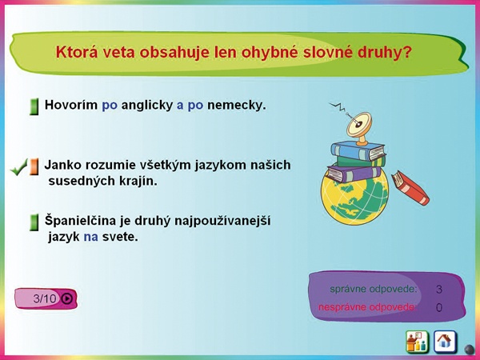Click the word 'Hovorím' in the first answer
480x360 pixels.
[x=71, y=105]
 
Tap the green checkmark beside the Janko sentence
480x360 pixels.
[x=19, y=167]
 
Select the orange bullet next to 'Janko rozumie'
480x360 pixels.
[x=34, y=167]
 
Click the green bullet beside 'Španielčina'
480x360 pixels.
[x=34, y=222]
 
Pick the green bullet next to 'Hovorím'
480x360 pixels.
[x=34, y=107]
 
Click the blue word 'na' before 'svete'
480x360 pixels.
[x=91, y=238]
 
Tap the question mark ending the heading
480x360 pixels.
[x=406, y=52]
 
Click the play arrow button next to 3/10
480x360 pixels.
[x=66, y=298]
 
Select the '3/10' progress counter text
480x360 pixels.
[x=45, y=298]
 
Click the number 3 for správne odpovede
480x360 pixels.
[x=439, y=290]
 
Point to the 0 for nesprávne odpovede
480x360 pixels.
[x=439, y=307]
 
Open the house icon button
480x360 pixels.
[x=445, y=342]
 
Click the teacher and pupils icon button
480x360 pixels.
[x=417, y=342]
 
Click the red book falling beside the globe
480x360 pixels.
[x=410, y=187]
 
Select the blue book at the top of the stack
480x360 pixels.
[x=358, y=151]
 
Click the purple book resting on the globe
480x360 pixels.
[x=354, y=174]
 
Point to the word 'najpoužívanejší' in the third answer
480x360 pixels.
[x=222, y=222]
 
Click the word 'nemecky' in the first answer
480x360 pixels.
[x=237, y=106]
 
